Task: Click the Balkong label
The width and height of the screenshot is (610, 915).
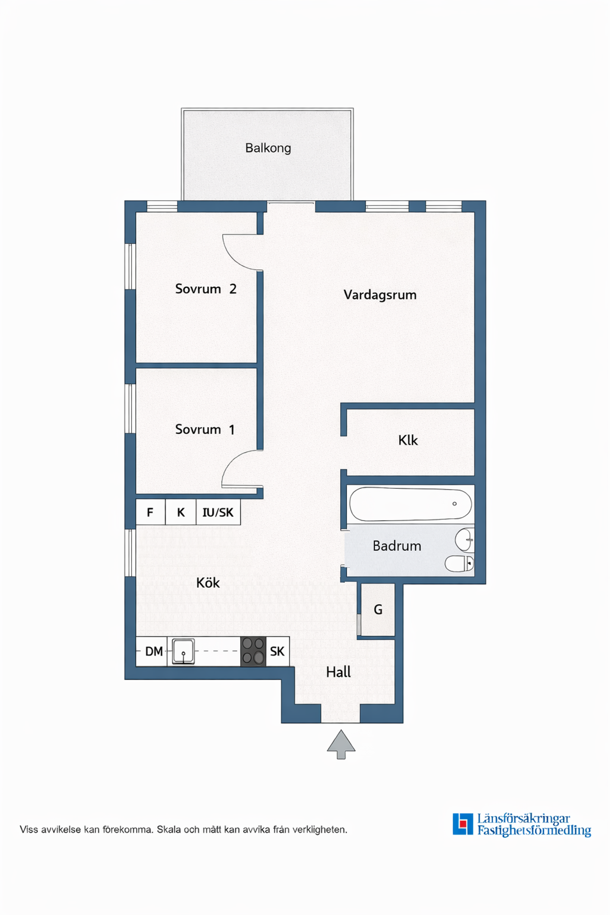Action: [x=268, y=148]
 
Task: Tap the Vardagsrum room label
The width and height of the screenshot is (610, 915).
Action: [x=380, y=294]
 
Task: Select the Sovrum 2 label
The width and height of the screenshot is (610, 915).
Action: [x=206, y=289]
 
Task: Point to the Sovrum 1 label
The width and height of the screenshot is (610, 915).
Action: [x=205, y=430]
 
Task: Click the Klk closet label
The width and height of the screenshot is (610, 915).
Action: [x=408, y=440]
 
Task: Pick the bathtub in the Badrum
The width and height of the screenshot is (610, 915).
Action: [x=410, y=504]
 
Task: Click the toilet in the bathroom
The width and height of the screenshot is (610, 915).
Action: [x=459, y=563]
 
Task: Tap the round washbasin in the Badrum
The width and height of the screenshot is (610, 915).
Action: [x=464, y=540]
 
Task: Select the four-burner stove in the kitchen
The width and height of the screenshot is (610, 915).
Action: [x=253, y=652]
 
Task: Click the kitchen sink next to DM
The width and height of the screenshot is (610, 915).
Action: [x=183, y=652]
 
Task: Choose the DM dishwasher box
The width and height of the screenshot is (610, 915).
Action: [x=152, y=652]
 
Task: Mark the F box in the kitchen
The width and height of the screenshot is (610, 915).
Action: [x=150, y=512]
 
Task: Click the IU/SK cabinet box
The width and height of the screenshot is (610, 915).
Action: [x=218, y=512]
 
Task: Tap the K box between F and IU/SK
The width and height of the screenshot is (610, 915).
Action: [x=181, y=512]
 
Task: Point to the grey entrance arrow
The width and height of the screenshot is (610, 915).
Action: [x=341, y=744]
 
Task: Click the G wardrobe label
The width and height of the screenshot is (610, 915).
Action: [x=378, y=610]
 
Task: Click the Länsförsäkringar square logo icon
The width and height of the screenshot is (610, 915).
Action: [x=463, y=824]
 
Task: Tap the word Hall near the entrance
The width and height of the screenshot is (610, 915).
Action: [x=338, y=672]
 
